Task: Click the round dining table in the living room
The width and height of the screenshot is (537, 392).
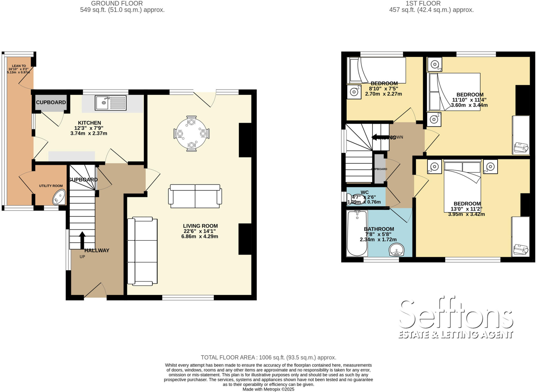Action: pos(191,133)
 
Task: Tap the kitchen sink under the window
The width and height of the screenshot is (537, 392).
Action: pos(110,103)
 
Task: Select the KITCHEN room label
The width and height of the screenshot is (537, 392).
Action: pos(89,123)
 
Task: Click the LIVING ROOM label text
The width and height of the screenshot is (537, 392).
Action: pos(200,226)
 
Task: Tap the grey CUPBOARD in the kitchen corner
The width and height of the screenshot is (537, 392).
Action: pos(51,103)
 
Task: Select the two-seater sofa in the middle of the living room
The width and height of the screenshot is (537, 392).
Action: pos(195,196)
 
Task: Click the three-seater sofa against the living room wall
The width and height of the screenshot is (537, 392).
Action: pos(142,251)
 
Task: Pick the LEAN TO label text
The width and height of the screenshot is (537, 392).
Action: pos(19,66)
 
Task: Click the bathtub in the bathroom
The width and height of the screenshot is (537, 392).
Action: pos(357,233)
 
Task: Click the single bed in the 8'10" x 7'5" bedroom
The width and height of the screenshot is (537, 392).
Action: pos(376,70)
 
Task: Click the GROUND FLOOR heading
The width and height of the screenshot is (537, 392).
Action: pos(117,3)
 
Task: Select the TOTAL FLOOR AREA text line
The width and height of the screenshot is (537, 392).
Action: pos(268,357)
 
